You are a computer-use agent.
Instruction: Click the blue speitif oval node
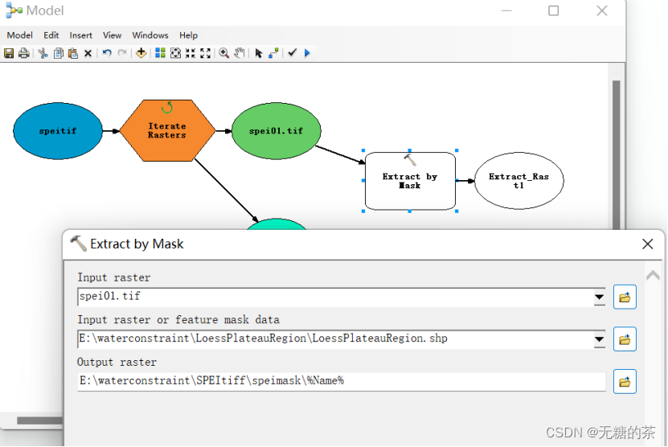58,130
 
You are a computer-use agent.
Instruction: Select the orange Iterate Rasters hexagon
167,130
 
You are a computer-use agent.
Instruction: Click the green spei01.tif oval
276,130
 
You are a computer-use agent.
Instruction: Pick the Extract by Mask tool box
410,181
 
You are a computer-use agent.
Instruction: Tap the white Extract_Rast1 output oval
518,181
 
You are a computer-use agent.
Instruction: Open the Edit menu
51,35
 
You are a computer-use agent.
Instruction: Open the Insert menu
80,35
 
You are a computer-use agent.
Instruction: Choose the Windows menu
150,35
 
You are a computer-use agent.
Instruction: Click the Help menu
188,35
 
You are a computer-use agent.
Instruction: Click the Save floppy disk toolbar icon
9,53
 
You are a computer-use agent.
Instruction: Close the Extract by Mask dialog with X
647,244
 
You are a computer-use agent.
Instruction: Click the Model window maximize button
553,10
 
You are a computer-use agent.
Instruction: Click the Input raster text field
334,297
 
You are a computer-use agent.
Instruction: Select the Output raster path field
341,381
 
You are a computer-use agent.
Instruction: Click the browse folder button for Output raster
625,381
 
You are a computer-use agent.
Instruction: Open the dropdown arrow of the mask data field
599,339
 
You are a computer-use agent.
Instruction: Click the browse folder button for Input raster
625,297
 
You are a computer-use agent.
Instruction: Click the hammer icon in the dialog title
78,244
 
